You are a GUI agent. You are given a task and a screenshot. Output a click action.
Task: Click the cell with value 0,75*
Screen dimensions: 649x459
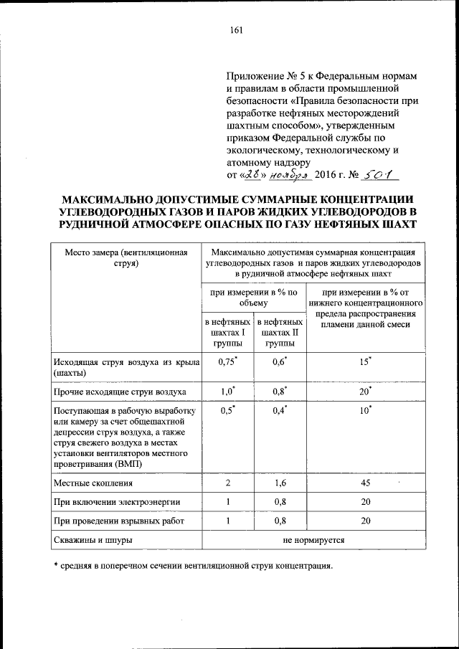(227, 362)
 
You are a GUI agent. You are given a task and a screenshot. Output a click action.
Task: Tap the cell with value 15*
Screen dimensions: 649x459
(366, 362)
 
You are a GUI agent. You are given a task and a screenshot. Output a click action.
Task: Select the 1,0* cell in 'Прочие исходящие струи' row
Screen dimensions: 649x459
(227, 392)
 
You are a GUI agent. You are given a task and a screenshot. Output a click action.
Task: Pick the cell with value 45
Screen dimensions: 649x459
(366, 484)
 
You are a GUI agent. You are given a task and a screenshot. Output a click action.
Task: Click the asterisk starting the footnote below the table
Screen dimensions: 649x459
(57, 565)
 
